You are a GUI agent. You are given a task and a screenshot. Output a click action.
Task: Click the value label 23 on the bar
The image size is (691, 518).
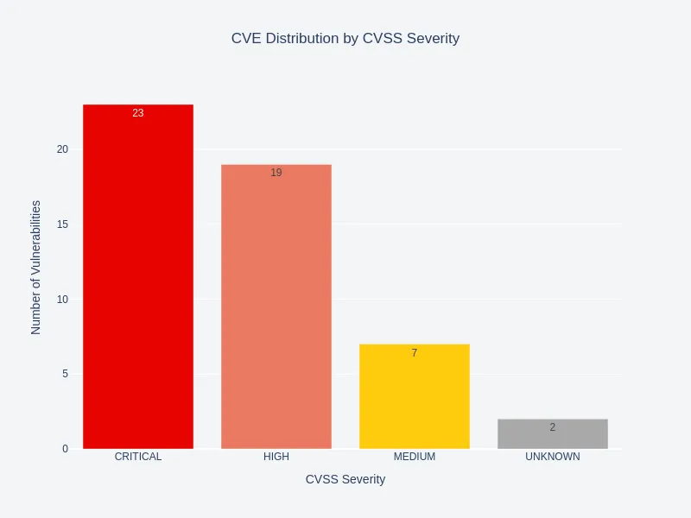click(x=138, y=113)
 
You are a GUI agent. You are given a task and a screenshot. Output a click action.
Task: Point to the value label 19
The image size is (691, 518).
click(x=276, y=173)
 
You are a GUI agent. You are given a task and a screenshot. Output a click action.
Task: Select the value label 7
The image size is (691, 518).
click(x=415, y=353)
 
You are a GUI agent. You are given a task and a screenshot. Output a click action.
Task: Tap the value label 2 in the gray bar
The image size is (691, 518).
click(x=553, y=427)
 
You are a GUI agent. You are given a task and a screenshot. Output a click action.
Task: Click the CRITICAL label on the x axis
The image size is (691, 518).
click(x=138, y=457)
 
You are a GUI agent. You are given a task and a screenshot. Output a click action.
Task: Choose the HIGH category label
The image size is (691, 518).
click(x=276, y=457)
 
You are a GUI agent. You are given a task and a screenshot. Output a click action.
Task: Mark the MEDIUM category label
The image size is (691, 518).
click(x=415, y=457)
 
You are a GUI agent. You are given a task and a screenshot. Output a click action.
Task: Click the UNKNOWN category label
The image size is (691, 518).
click(x=553, y=457)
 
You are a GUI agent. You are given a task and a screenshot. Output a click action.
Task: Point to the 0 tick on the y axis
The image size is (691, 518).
click(x=65, y=449)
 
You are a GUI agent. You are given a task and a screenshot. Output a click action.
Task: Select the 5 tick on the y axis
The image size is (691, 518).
click(x=65, y=374)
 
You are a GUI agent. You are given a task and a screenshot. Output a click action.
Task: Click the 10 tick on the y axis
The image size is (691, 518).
click(x=62, y=300)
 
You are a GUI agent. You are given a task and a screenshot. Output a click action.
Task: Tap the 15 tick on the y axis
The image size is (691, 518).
click(x=62, y=224)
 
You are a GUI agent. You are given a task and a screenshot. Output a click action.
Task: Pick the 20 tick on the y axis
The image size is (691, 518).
click(x=62, y=149)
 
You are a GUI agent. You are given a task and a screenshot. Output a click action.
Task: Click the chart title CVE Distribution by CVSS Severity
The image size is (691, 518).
click(x=345, y=39)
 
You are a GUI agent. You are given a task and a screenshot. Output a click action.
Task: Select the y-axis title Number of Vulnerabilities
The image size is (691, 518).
click(x=36, y=268)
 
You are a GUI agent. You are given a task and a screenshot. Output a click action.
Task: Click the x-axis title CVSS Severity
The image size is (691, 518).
click(x=345, y=479)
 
